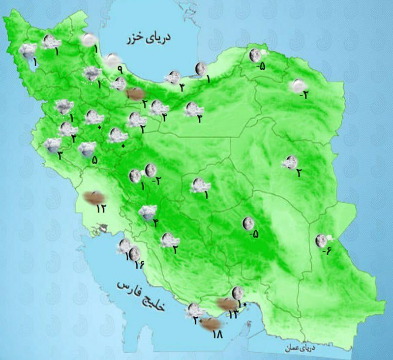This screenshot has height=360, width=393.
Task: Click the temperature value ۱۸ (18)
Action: tap(217, 335)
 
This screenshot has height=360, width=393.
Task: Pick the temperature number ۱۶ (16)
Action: tap(139, 266)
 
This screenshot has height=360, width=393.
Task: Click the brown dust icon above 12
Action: tap(93, 197)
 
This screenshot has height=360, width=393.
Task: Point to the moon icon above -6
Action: tap(322, 240)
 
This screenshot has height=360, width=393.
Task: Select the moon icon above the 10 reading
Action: tap(238, 292)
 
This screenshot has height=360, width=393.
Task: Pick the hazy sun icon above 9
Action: tap(113, 60)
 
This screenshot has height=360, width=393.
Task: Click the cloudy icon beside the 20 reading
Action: tap(194, 310)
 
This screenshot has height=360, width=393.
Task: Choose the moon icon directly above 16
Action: tap(134, 254)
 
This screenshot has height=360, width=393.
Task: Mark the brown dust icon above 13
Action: tap(227, 304)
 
